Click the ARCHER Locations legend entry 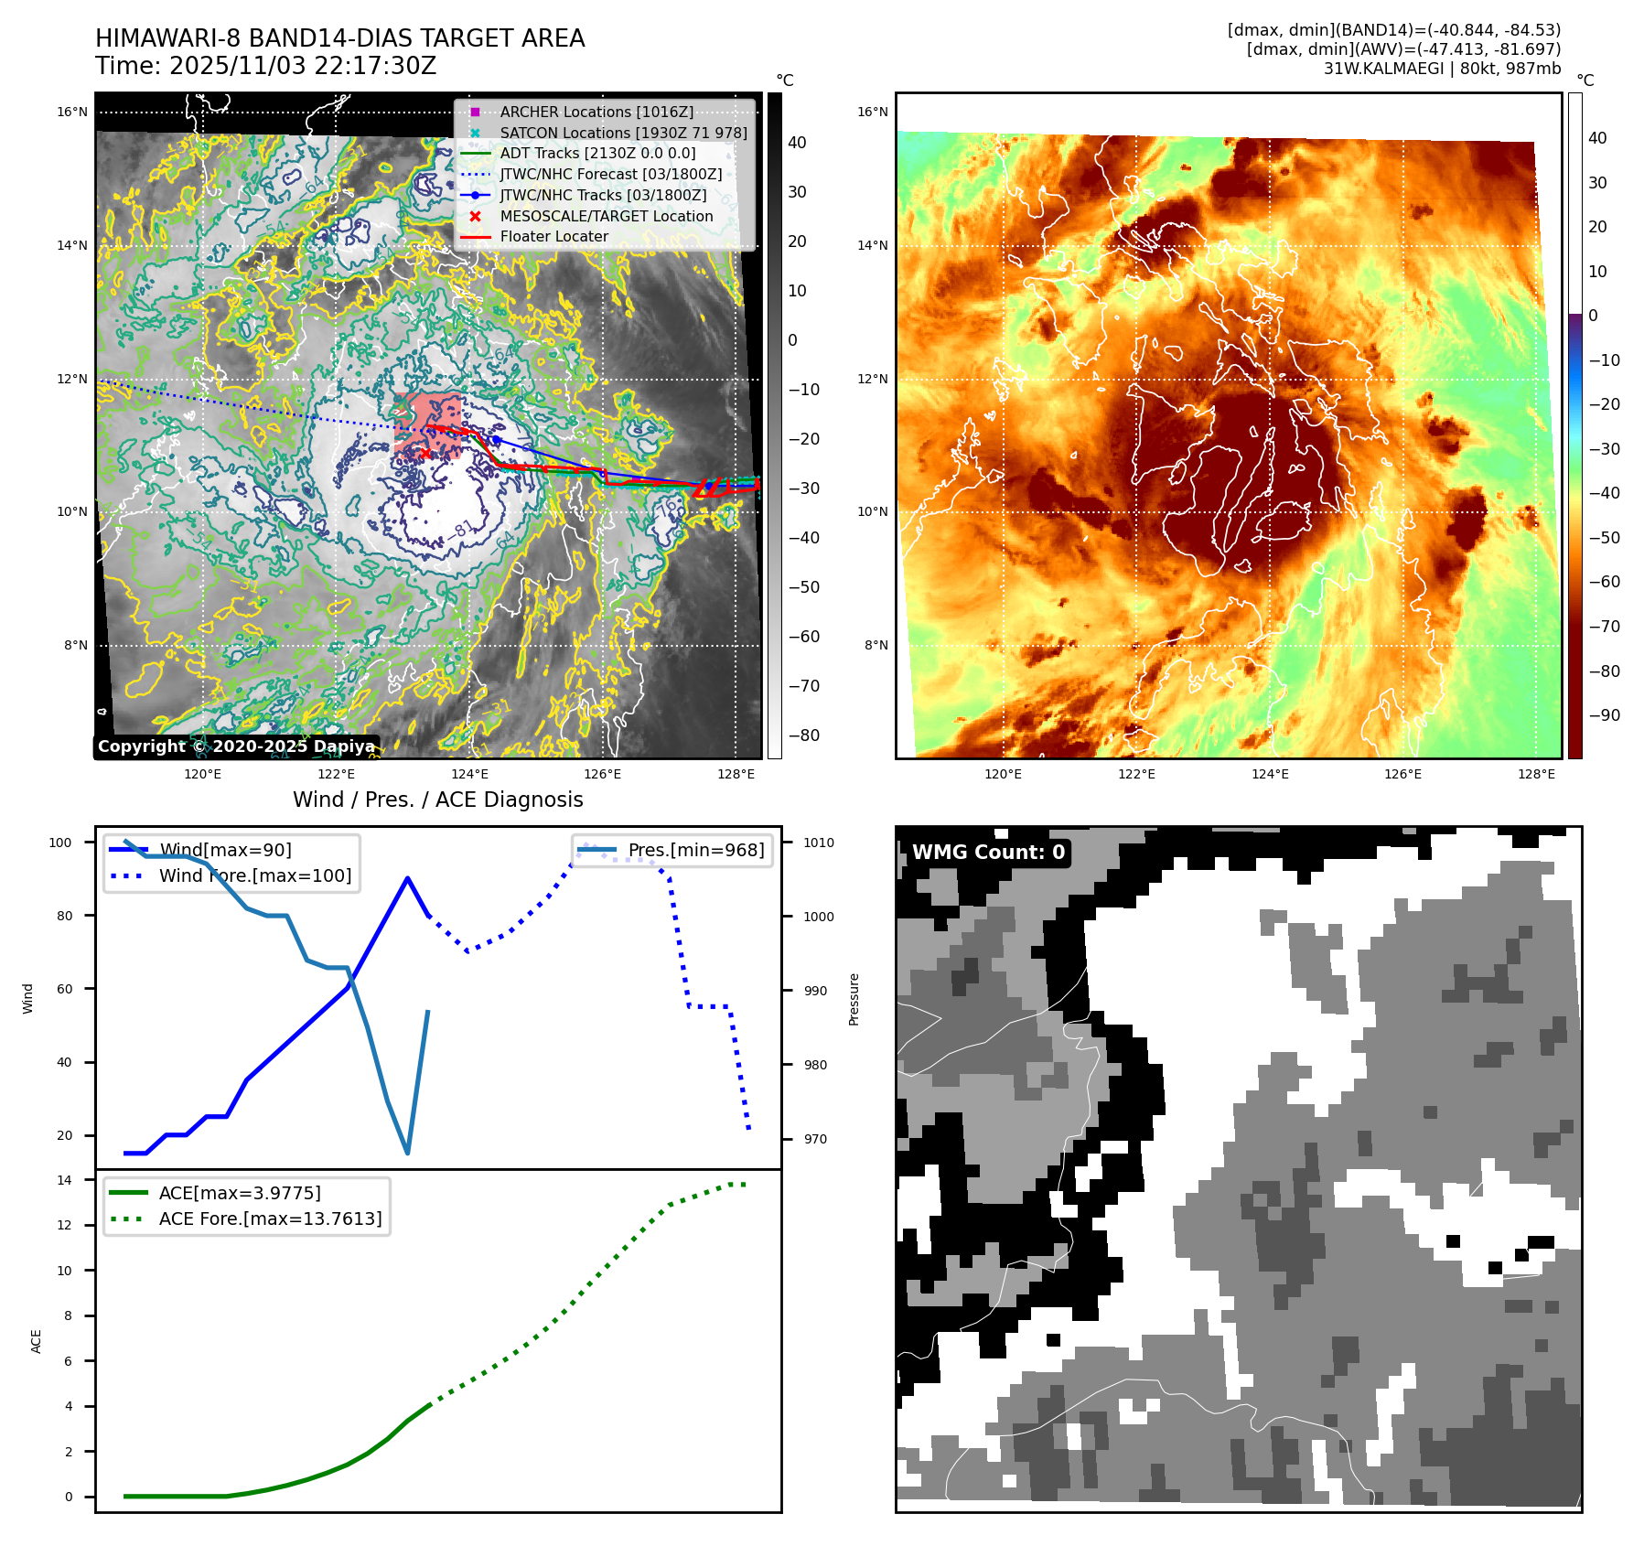point(596,112)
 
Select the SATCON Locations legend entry point(622,133)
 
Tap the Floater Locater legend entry point(553,236)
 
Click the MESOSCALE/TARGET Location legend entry point(606,216)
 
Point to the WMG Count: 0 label point(988,853)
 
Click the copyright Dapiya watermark point(236,746)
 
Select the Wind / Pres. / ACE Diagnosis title point(437,800)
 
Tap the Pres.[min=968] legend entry point(695,850)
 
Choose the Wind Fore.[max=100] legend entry point(254,875)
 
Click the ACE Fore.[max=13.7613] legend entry point(270,1219)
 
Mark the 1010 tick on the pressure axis point(819,843)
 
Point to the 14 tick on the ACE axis point(65,1180)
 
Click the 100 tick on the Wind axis point(60,843)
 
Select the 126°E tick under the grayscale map point(602,774)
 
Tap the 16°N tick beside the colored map point(872,113)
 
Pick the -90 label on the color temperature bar point(1604,715)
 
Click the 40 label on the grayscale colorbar point(797,143)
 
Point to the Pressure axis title point(854,999)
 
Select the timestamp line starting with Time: point(265,66)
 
